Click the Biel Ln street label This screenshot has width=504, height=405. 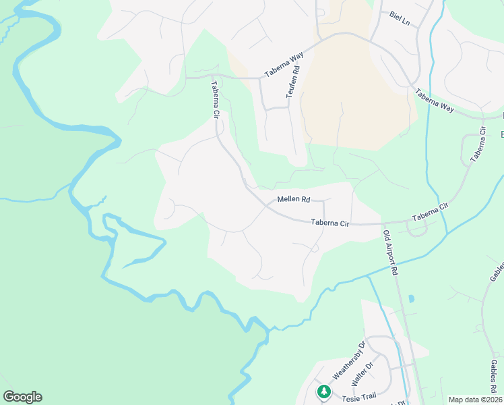tap(400, 18)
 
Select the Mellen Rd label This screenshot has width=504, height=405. tap(293, 199)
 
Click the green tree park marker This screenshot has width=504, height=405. tap(324, 391)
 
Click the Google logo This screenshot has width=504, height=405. tap(22, 397)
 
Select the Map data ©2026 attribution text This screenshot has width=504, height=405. tap(475, 400)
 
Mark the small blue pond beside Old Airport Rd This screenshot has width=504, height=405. tap(410, 298)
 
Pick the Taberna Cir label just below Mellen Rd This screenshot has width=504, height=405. tap(330, 222)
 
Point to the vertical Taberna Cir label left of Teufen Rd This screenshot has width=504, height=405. tap(216, 100)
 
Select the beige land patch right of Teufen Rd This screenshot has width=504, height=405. tap(350, 94)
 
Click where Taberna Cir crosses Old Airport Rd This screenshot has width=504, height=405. tap(382, 223)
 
